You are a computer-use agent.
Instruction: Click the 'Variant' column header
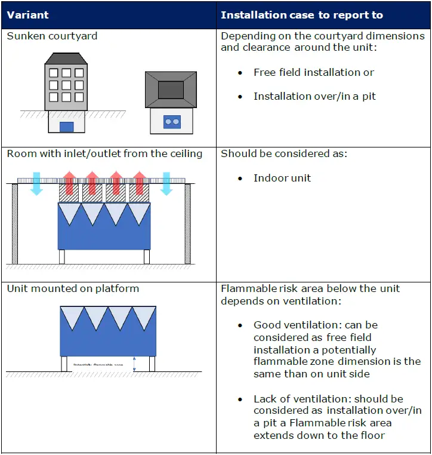tap(28, 15)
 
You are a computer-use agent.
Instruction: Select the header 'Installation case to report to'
tap(301, 15)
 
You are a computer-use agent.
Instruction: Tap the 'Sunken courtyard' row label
tap(52, 36)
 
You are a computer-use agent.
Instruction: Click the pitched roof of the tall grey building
tap(66, 59)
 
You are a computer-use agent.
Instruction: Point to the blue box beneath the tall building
tap(66, 127)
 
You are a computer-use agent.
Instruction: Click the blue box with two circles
tap(172, 122)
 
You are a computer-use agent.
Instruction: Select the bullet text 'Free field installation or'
tap(313, 72)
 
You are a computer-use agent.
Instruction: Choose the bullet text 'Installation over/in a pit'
tap(314, 96)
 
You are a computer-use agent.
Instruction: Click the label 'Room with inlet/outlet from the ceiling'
tap(104, 153)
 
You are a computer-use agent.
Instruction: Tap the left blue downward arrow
tap(36, 183)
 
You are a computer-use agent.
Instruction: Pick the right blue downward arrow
tap(167, 183)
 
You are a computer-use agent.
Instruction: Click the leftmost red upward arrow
tap(69, 182)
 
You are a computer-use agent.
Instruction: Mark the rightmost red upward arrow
tap(140, 182)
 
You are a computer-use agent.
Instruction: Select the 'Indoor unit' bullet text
tap(282, 178)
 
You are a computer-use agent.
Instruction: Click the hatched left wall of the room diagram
tap(15, 224)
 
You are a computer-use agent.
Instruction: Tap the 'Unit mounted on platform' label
tap(73, 288)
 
